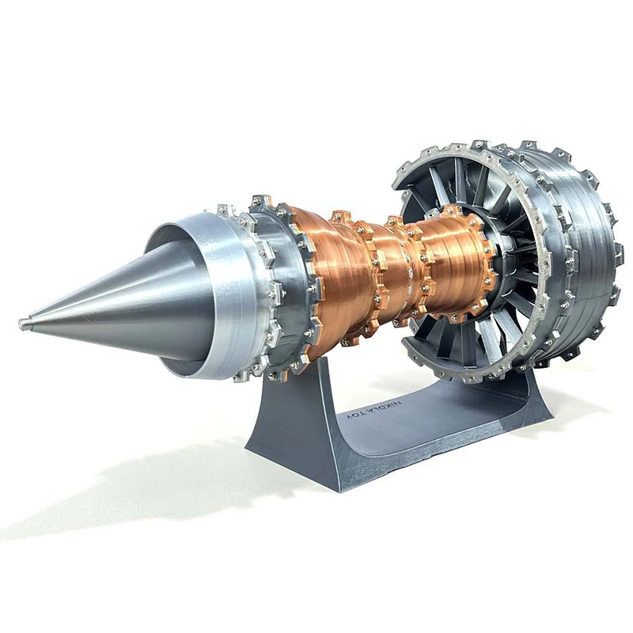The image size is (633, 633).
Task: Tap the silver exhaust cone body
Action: (x=119, y=301)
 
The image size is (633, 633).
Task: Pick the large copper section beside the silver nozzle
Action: (x=332, y=277)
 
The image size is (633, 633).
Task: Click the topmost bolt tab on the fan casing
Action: (x=478, y=146)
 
